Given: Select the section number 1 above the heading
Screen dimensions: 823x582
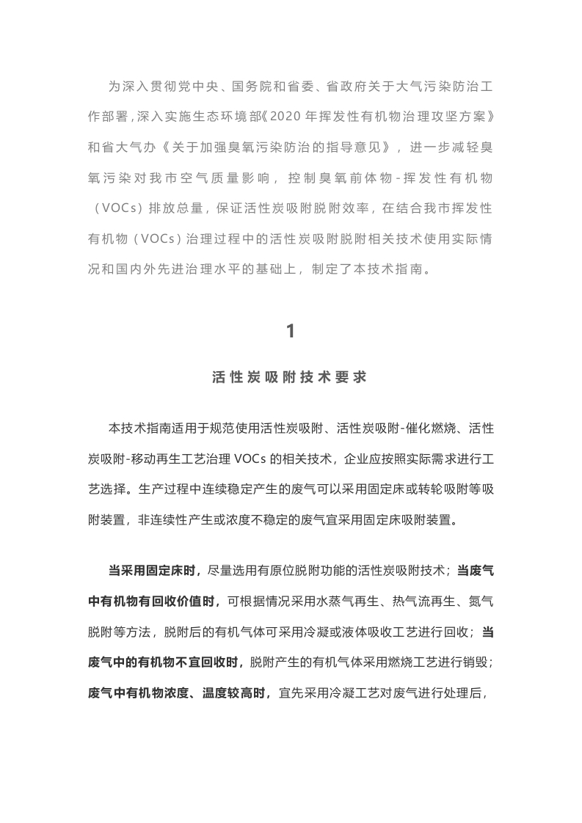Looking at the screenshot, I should click(291, 331).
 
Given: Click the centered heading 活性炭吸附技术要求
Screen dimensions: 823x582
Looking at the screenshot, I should click(291, 378).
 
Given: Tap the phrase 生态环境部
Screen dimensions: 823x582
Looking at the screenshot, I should click(230, 116).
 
